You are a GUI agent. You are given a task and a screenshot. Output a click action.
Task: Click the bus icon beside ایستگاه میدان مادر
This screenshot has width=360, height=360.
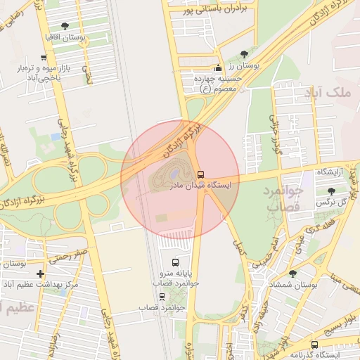tap(201, 174)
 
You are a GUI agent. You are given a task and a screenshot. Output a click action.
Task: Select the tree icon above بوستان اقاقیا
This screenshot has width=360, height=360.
tap(65, 27)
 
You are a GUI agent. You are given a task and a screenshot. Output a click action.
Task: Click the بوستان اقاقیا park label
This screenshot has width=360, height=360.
tap(65, 37)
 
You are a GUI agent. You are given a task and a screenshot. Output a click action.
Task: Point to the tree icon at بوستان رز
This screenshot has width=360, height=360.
tap(245, 54)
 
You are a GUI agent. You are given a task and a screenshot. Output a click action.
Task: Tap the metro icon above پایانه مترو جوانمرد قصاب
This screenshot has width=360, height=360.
tap(175, 262)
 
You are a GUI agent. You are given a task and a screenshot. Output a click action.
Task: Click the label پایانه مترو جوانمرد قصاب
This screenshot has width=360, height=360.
tap(176, 278)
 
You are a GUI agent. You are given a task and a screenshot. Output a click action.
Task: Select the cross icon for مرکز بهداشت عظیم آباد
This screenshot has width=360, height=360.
tap(40, 274)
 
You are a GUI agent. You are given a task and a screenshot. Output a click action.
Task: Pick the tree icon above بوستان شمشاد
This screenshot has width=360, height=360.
tap(293, 274)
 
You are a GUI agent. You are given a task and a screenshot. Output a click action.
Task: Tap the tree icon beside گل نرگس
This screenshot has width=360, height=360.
tap(331, 191)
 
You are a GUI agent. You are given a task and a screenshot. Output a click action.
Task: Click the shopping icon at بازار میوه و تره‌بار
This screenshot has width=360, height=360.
tap(44, 58)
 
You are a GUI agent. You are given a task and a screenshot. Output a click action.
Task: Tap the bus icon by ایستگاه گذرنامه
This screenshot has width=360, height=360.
tap(314, 345)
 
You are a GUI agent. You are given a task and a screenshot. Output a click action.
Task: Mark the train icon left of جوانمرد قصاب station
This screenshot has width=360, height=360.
tap(143, 308)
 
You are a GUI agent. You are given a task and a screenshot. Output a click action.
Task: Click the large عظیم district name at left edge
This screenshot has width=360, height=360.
tap(18, 308)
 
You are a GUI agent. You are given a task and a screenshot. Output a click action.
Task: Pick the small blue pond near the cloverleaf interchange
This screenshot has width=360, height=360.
tap(55, 136)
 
